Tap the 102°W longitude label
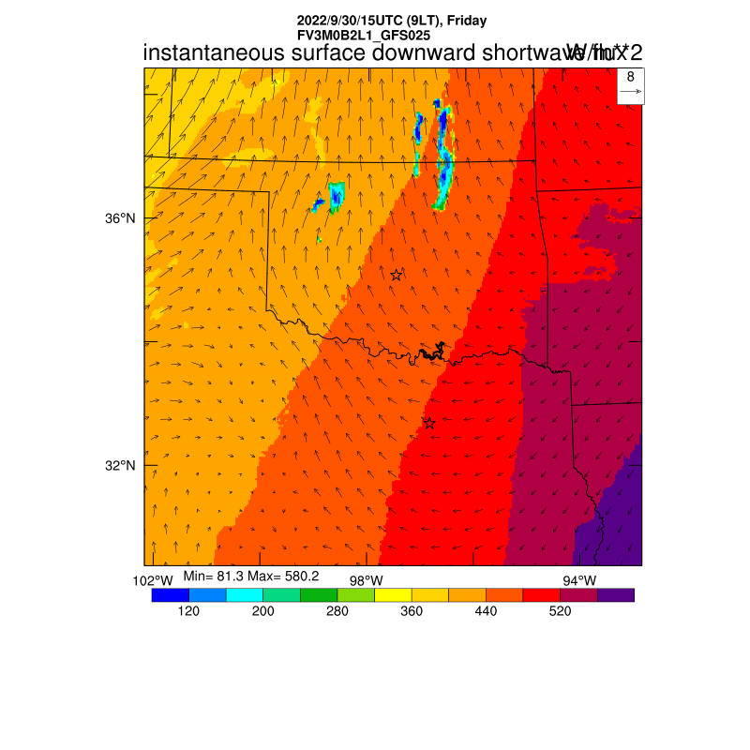click(x=153, y=580)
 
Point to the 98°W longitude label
click(x=366, y=580)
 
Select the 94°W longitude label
click(x=578, y=580)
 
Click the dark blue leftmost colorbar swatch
click(x=170, y=594)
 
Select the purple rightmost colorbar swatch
click(x=616, y=594)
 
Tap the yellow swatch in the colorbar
click(x=393, y=594)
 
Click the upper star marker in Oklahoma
click(x=397, y=275)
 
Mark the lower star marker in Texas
click(x=429, y=423)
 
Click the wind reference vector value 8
click(x=631, y=77)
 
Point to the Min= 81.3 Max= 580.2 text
click(x=250, y=575)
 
